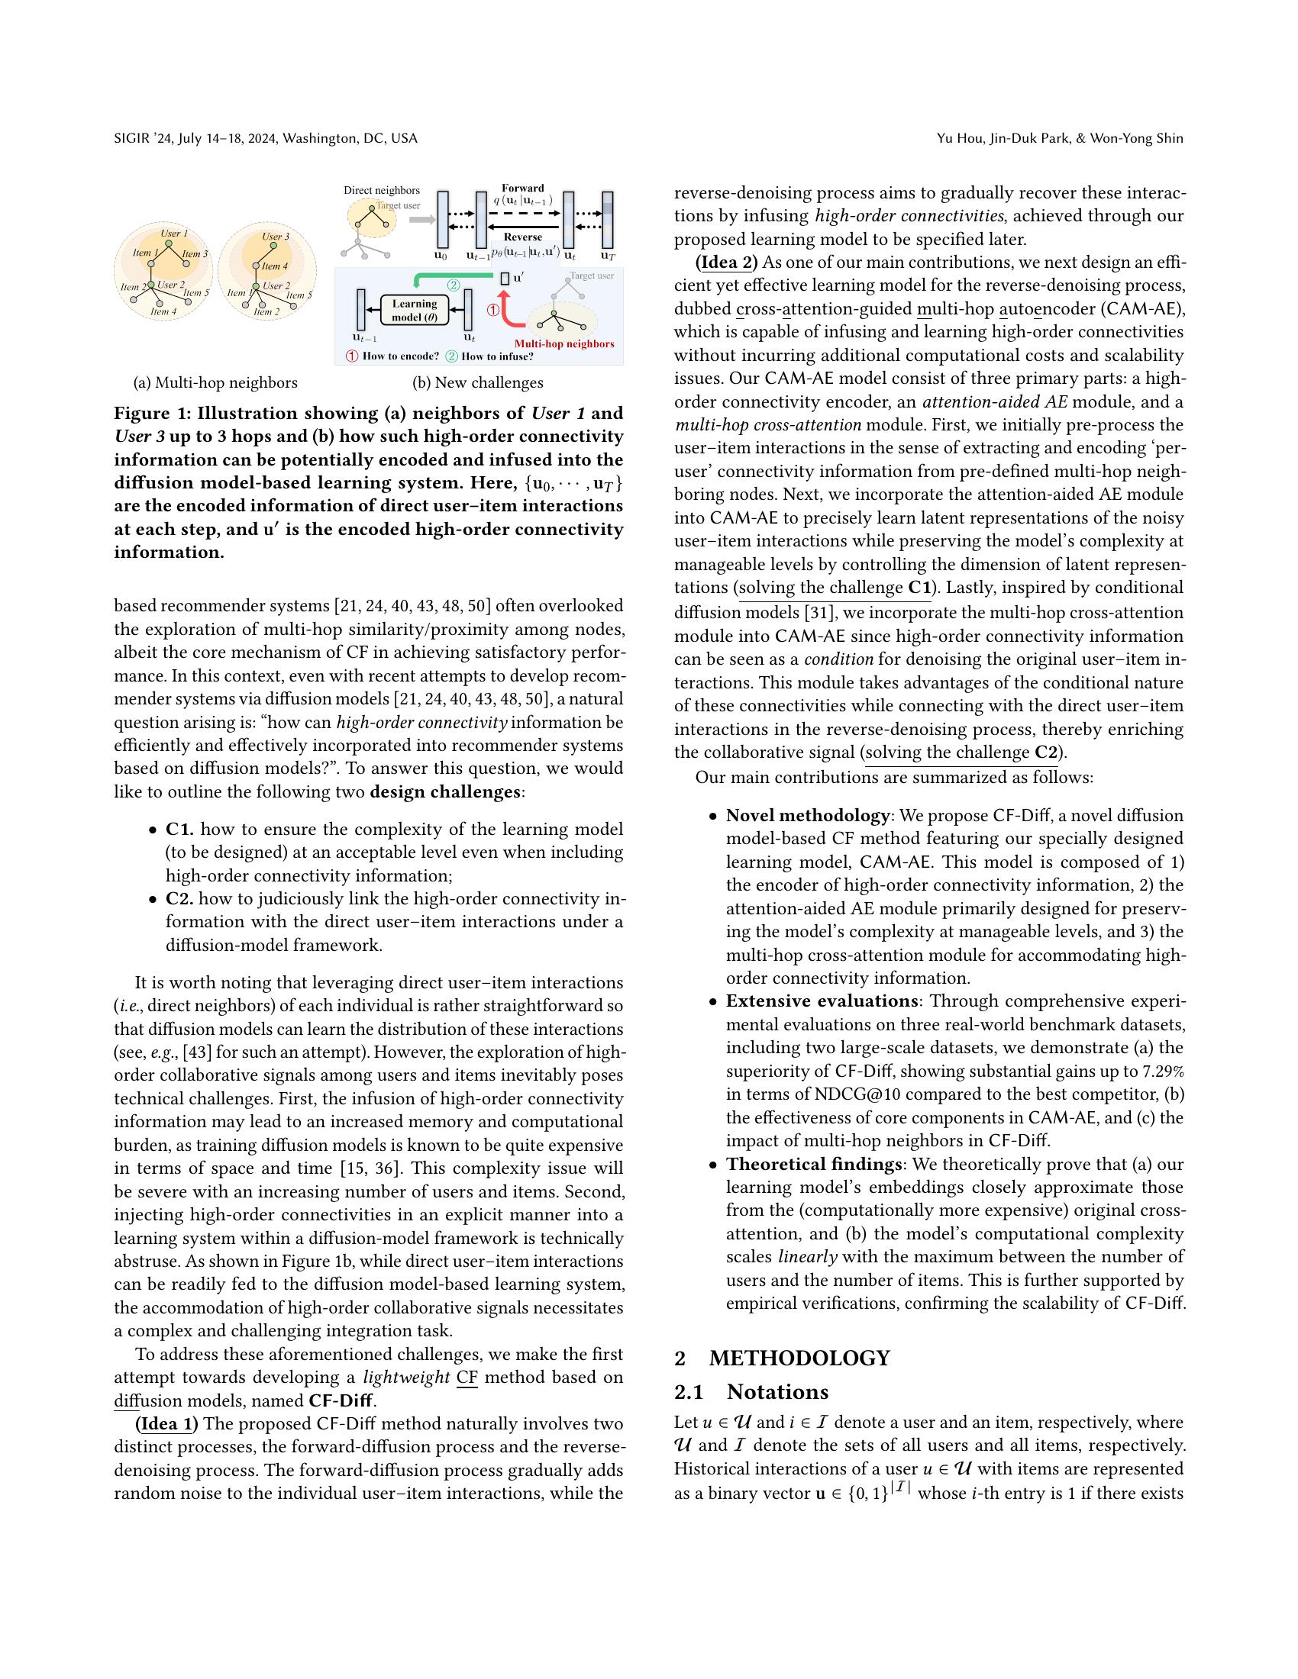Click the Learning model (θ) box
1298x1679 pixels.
[414, 310]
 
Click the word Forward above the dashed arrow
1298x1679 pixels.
[522, 189]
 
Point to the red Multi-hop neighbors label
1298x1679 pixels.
[563, 343]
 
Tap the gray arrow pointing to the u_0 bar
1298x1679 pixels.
[421, 220]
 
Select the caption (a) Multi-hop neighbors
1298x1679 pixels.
[215, 383]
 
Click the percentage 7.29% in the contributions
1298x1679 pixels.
[1160, 1071]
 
